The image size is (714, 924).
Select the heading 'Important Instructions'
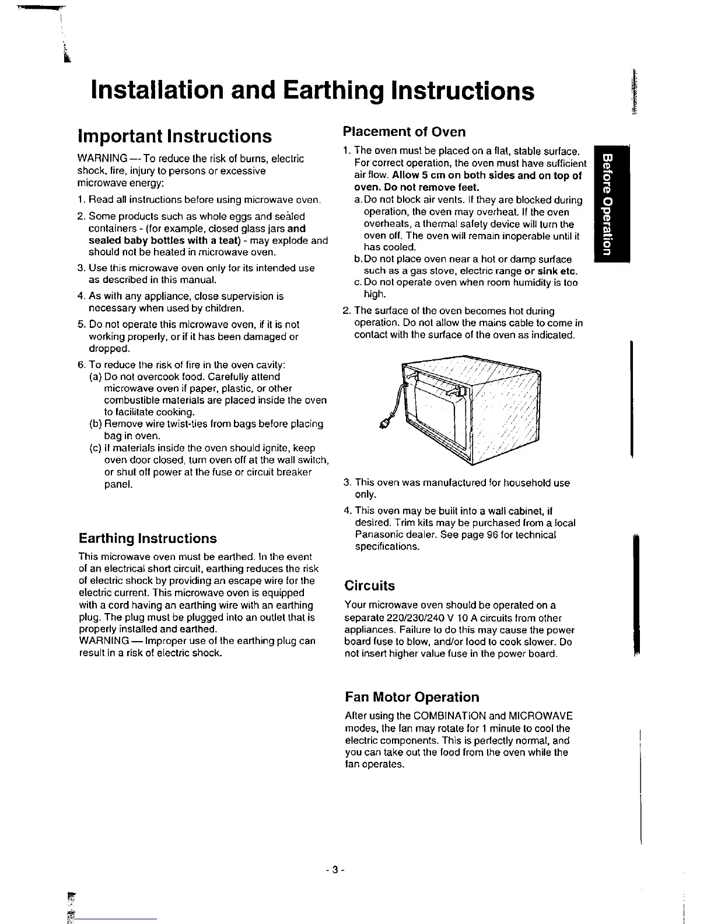click(x=175, y=136)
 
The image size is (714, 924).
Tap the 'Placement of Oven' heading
click(x=404, y=131)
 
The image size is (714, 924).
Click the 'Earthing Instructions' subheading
click(x=148, y=538)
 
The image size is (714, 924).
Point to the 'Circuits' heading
click(x=370, y=586)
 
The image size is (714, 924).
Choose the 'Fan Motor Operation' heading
click(x=412, y=697)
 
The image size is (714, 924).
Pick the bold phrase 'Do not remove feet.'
click(x=416, y=187)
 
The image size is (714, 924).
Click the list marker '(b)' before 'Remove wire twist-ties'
click(x=96, y=424)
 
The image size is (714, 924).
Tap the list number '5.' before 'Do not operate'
click(x=82, y=324)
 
